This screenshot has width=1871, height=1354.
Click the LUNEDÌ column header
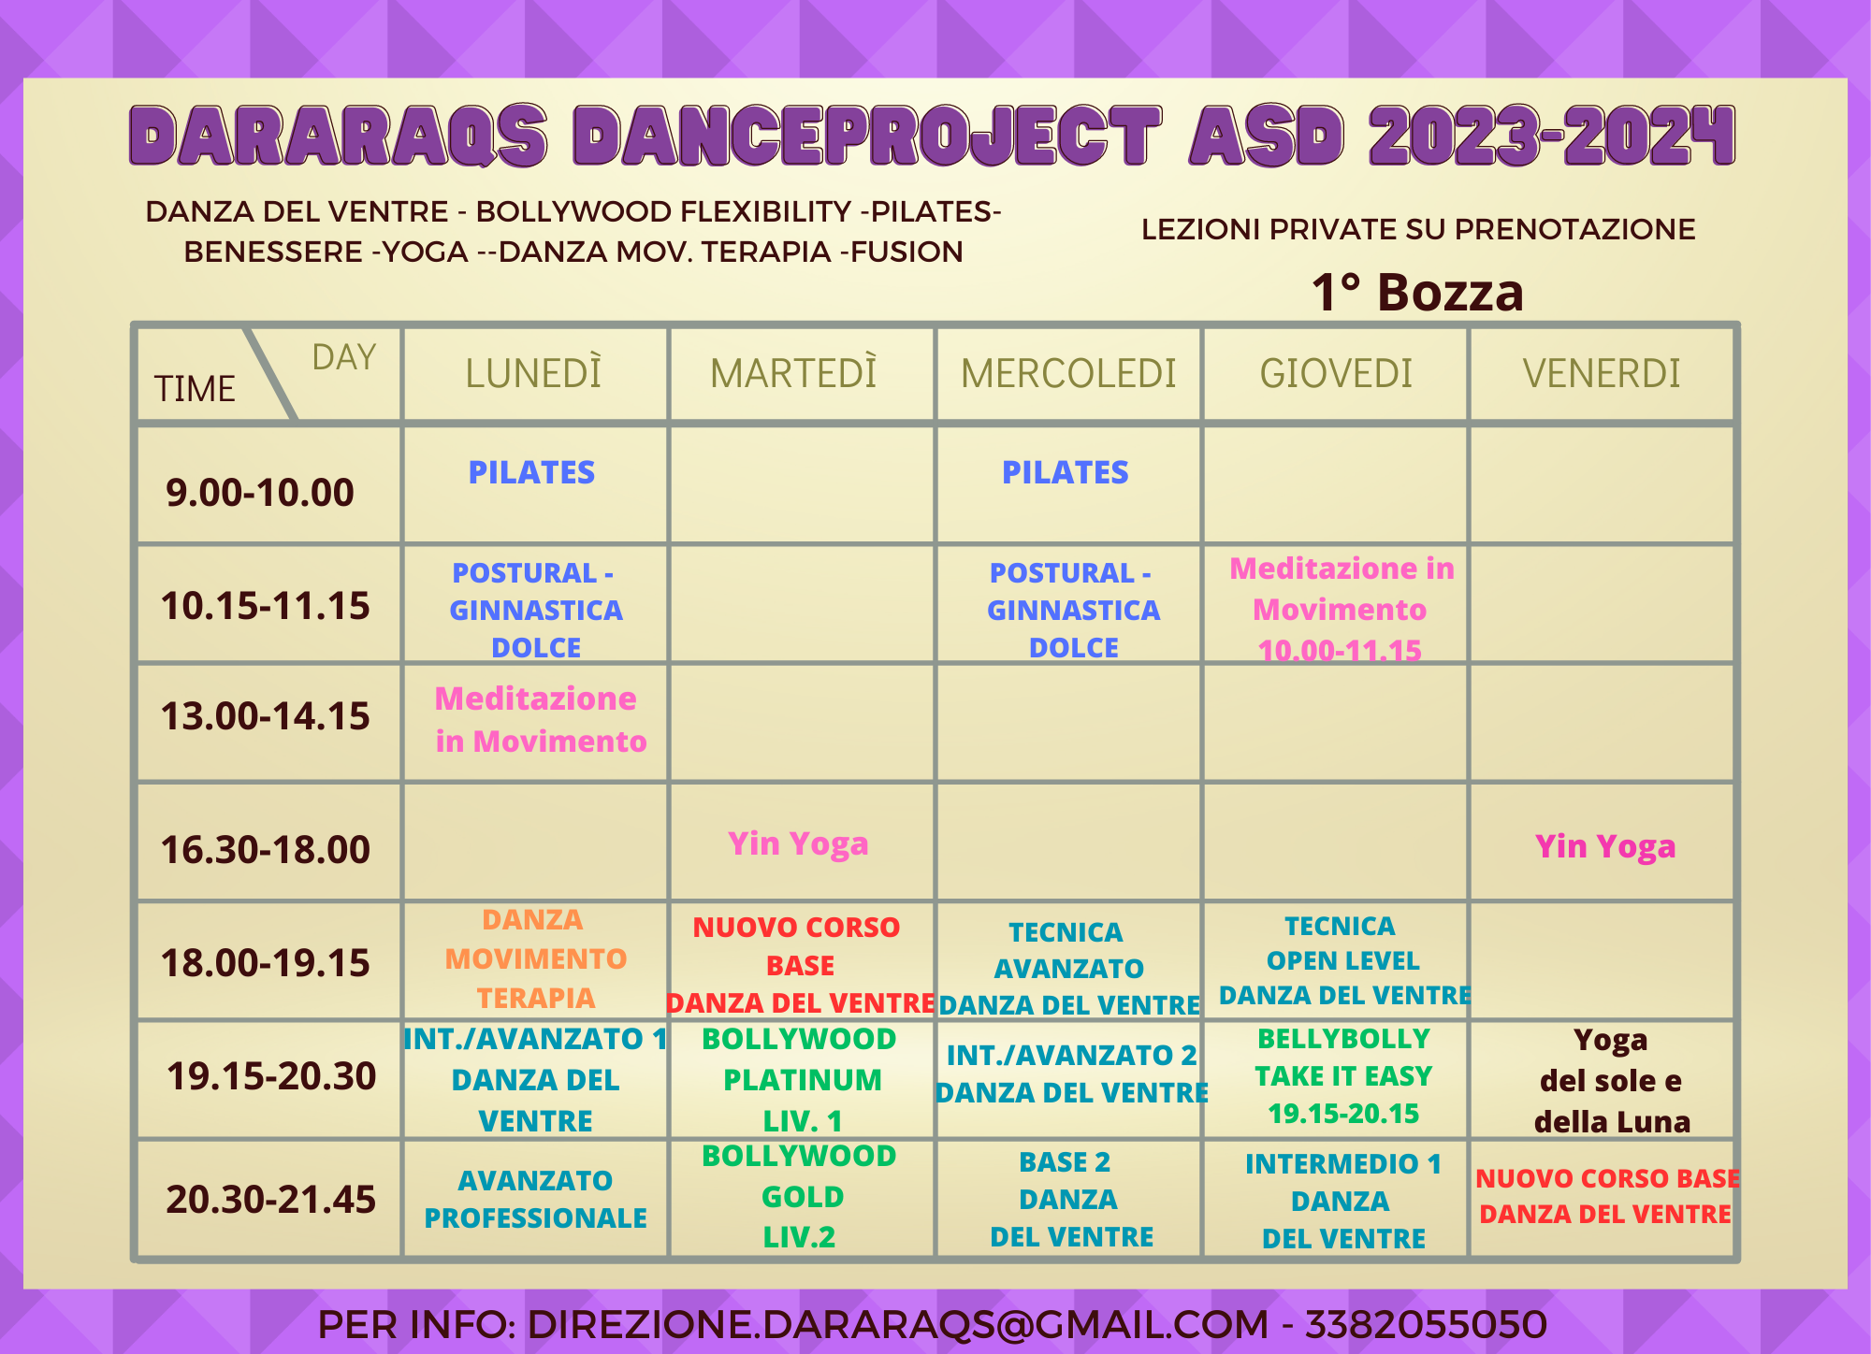tap(534, 373)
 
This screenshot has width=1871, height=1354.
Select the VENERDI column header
tap(1602, 373)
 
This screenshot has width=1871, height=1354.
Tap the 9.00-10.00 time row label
tap(260, 492)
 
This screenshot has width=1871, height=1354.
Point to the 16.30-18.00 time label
tap(266, 849)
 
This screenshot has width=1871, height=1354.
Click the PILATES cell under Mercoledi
tap(1066, 472)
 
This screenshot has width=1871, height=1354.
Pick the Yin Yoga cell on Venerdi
tap(1605, 846)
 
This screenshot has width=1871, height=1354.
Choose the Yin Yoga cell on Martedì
tap(798, 843)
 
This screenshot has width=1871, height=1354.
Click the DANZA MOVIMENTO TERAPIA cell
tap(535, 958)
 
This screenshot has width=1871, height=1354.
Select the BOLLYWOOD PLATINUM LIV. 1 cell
tap(801, 1079)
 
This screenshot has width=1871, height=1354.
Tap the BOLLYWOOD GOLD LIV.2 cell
tap(800, 1196)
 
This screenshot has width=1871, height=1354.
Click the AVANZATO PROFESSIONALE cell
tap(535, 1199)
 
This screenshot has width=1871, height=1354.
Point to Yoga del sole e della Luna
tap(1611, 1080)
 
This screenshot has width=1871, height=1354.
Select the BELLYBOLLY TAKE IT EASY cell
tap(1343, 1075)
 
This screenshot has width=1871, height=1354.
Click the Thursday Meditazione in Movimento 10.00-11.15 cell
tap(1342, 609)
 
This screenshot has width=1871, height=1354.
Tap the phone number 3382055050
tap(1426, 1324)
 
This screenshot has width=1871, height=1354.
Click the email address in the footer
tap(898, 1324)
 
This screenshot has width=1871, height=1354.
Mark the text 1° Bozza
tap(1417, 292)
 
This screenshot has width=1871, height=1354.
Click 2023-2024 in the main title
tap(1552, 137)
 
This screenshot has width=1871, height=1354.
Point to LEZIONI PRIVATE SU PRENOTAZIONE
tap(1418, 229)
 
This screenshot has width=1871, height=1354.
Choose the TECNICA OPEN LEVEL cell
tap(1343, 960)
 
